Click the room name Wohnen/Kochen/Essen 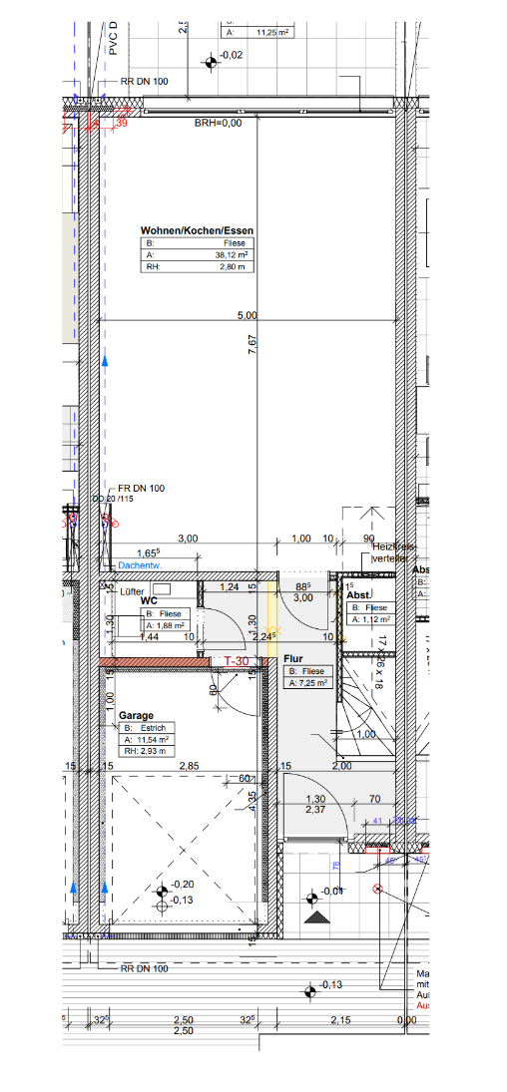coord(197,230)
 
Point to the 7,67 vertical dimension coord(253,343)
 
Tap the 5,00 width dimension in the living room coord(246,315)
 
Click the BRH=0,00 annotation coord(218,123)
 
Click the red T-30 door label coord(237,661)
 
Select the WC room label coord(149,601)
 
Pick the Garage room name coord(136,716)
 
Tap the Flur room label coord(293,659)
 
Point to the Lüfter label coord(119,590)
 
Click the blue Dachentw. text coord(141,564)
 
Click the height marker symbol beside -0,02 coord(211,62)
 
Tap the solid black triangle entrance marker coord(313,909)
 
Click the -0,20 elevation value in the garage coord(183,885)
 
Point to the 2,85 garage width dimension coord(189,766)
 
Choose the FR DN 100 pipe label coord(142,489)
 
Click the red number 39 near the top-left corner coord(122,123)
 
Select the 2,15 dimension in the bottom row coord(341,1020)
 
